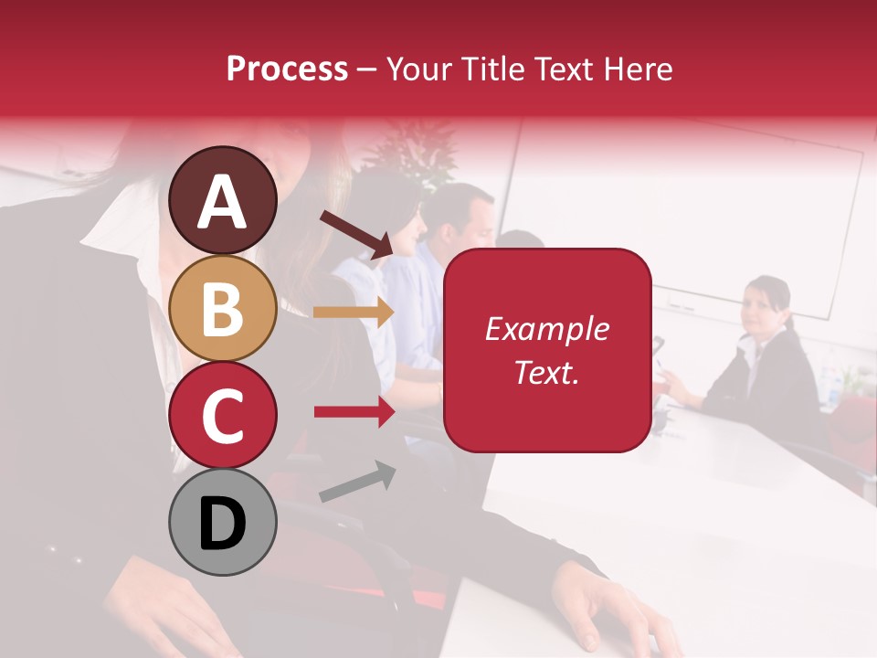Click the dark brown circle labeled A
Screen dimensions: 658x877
(x=223, y=200)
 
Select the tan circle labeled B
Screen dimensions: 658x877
(x=223, y=308)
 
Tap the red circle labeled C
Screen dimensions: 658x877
(x=223, y=415)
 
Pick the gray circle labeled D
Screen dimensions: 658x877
(x=223, y=522)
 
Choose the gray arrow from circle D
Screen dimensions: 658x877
(x=357, y=482)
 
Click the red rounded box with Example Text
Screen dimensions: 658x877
(x=547, y=350)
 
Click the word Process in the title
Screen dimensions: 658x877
(x=287, y=69)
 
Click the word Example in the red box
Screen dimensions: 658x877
(x=547, y=329)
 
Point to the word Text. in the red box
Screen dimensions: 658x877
(x=547, y=372)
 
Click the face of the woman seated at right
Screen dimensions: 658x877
(x=764, y=305)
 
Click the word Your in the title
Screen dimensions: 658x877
(x=417, y=69)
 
